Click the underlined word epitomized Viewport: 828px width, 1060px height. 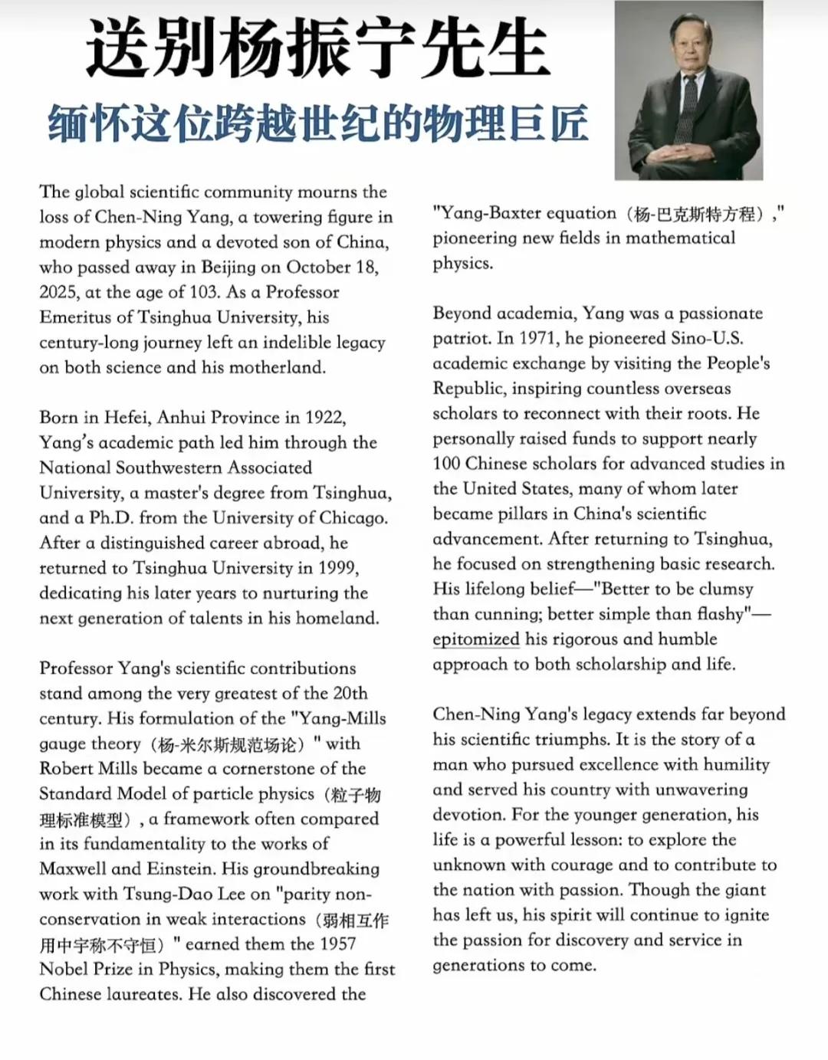[476, 639]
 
